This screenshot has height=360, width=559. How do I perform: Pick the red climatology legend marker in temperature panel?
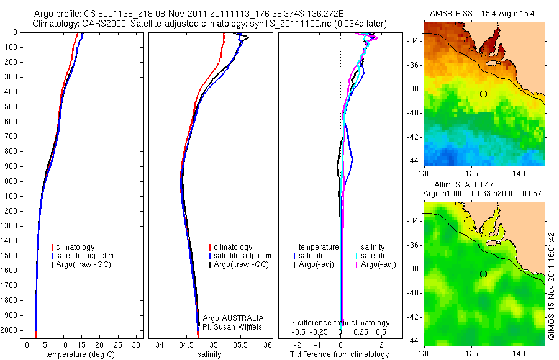click(x=53, y=247)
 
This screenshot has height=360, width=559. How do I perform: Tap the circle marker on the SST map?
click(x=483, y=94)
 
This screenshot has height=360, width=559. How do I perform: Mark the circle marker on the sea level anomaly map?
click(x=483, y=274)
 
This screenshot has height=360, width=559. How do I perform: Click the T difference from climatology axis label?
click(x=339, y=354)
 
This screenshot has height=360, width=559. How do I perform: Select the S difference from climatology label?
click(x=340, y=323)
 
